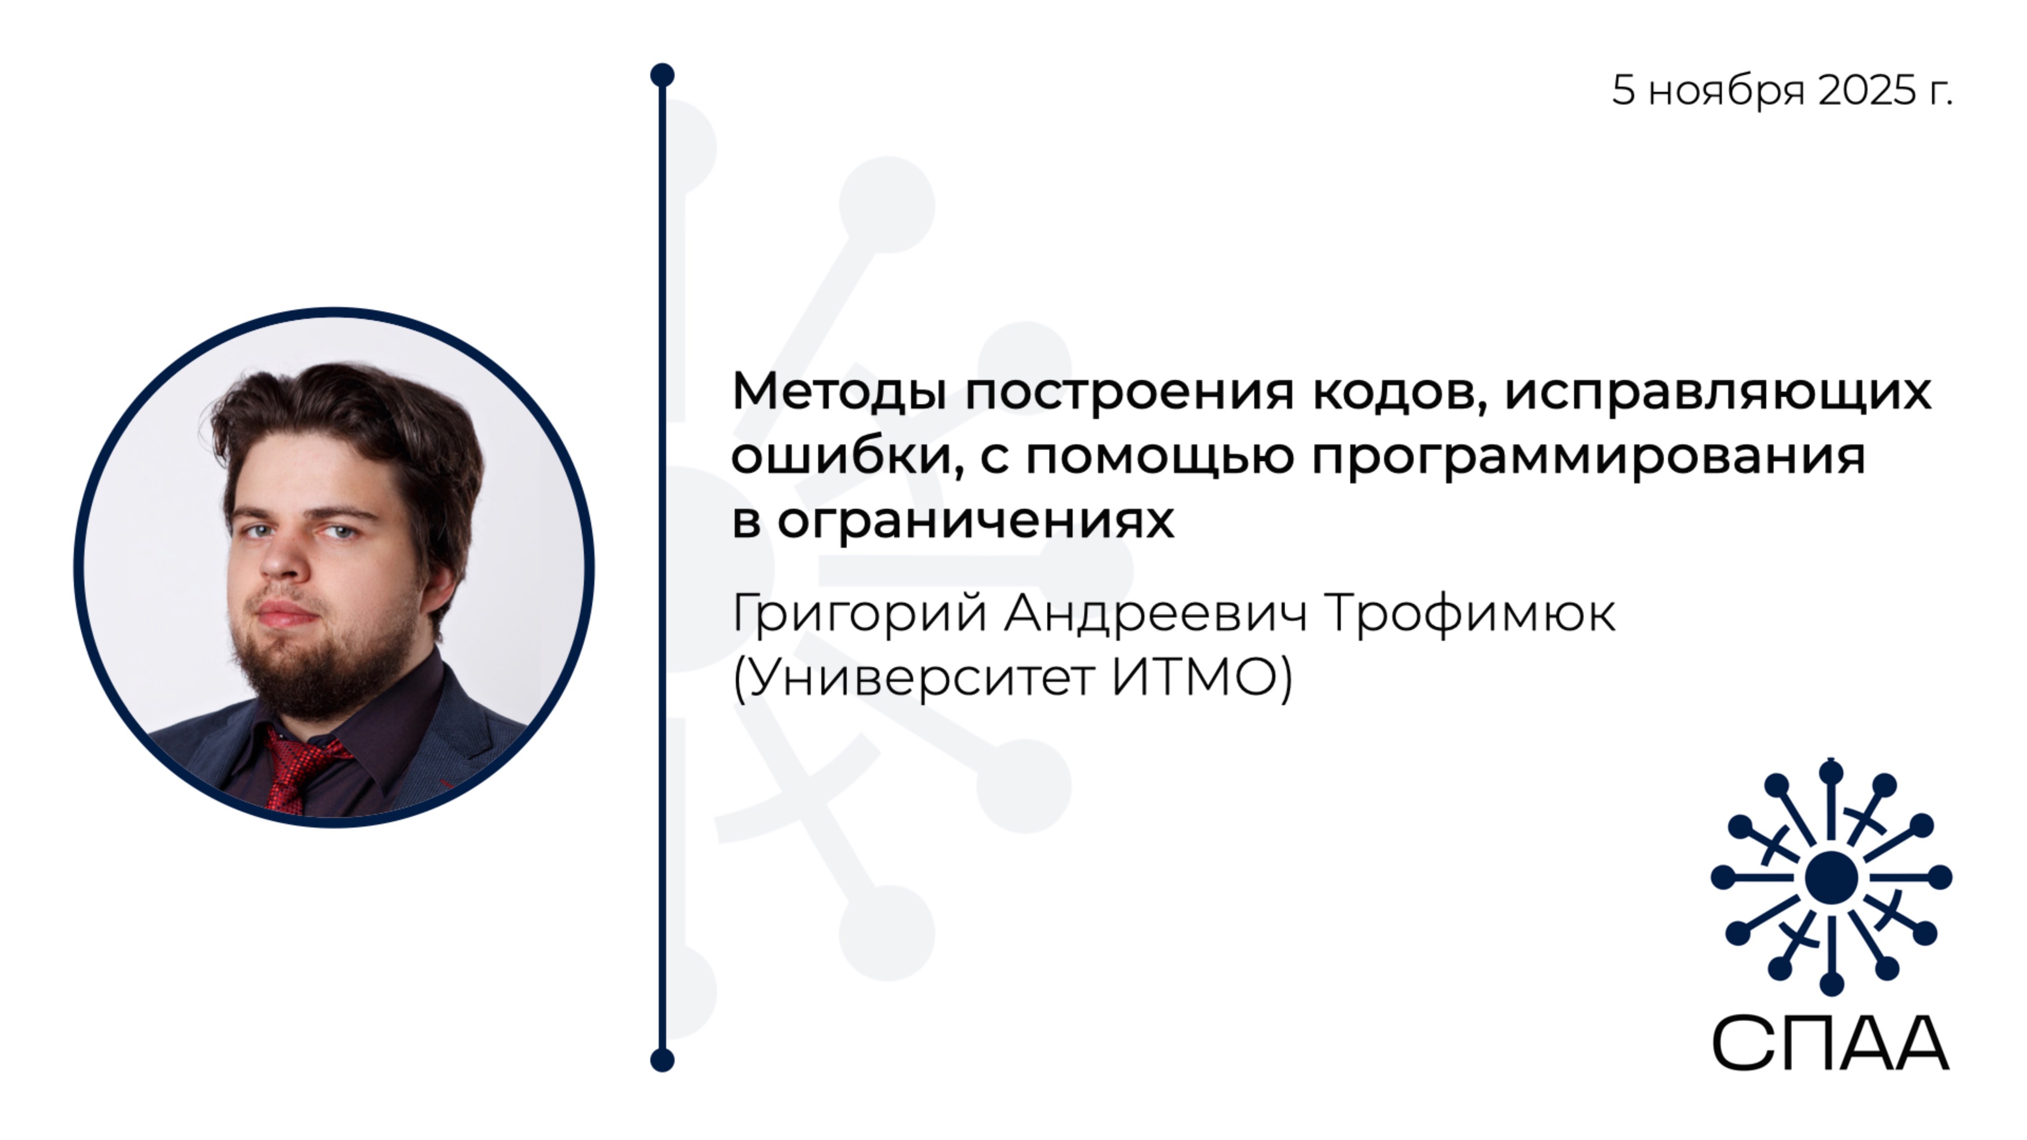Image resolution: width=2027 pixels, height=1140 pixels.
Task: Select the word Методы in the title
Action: point(838,391)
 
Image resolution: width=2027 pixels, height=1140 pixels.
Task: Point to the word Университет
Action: point(921,677)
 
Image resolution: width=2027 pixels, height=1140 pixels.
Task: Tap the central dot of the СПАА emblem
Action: point(1831,877)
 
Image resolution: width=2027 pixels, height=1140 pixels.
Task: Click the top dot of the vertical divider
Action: point(662,75)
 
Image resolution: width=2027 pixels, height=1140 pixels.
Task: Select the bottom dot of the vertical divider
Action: point(662,1060)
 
